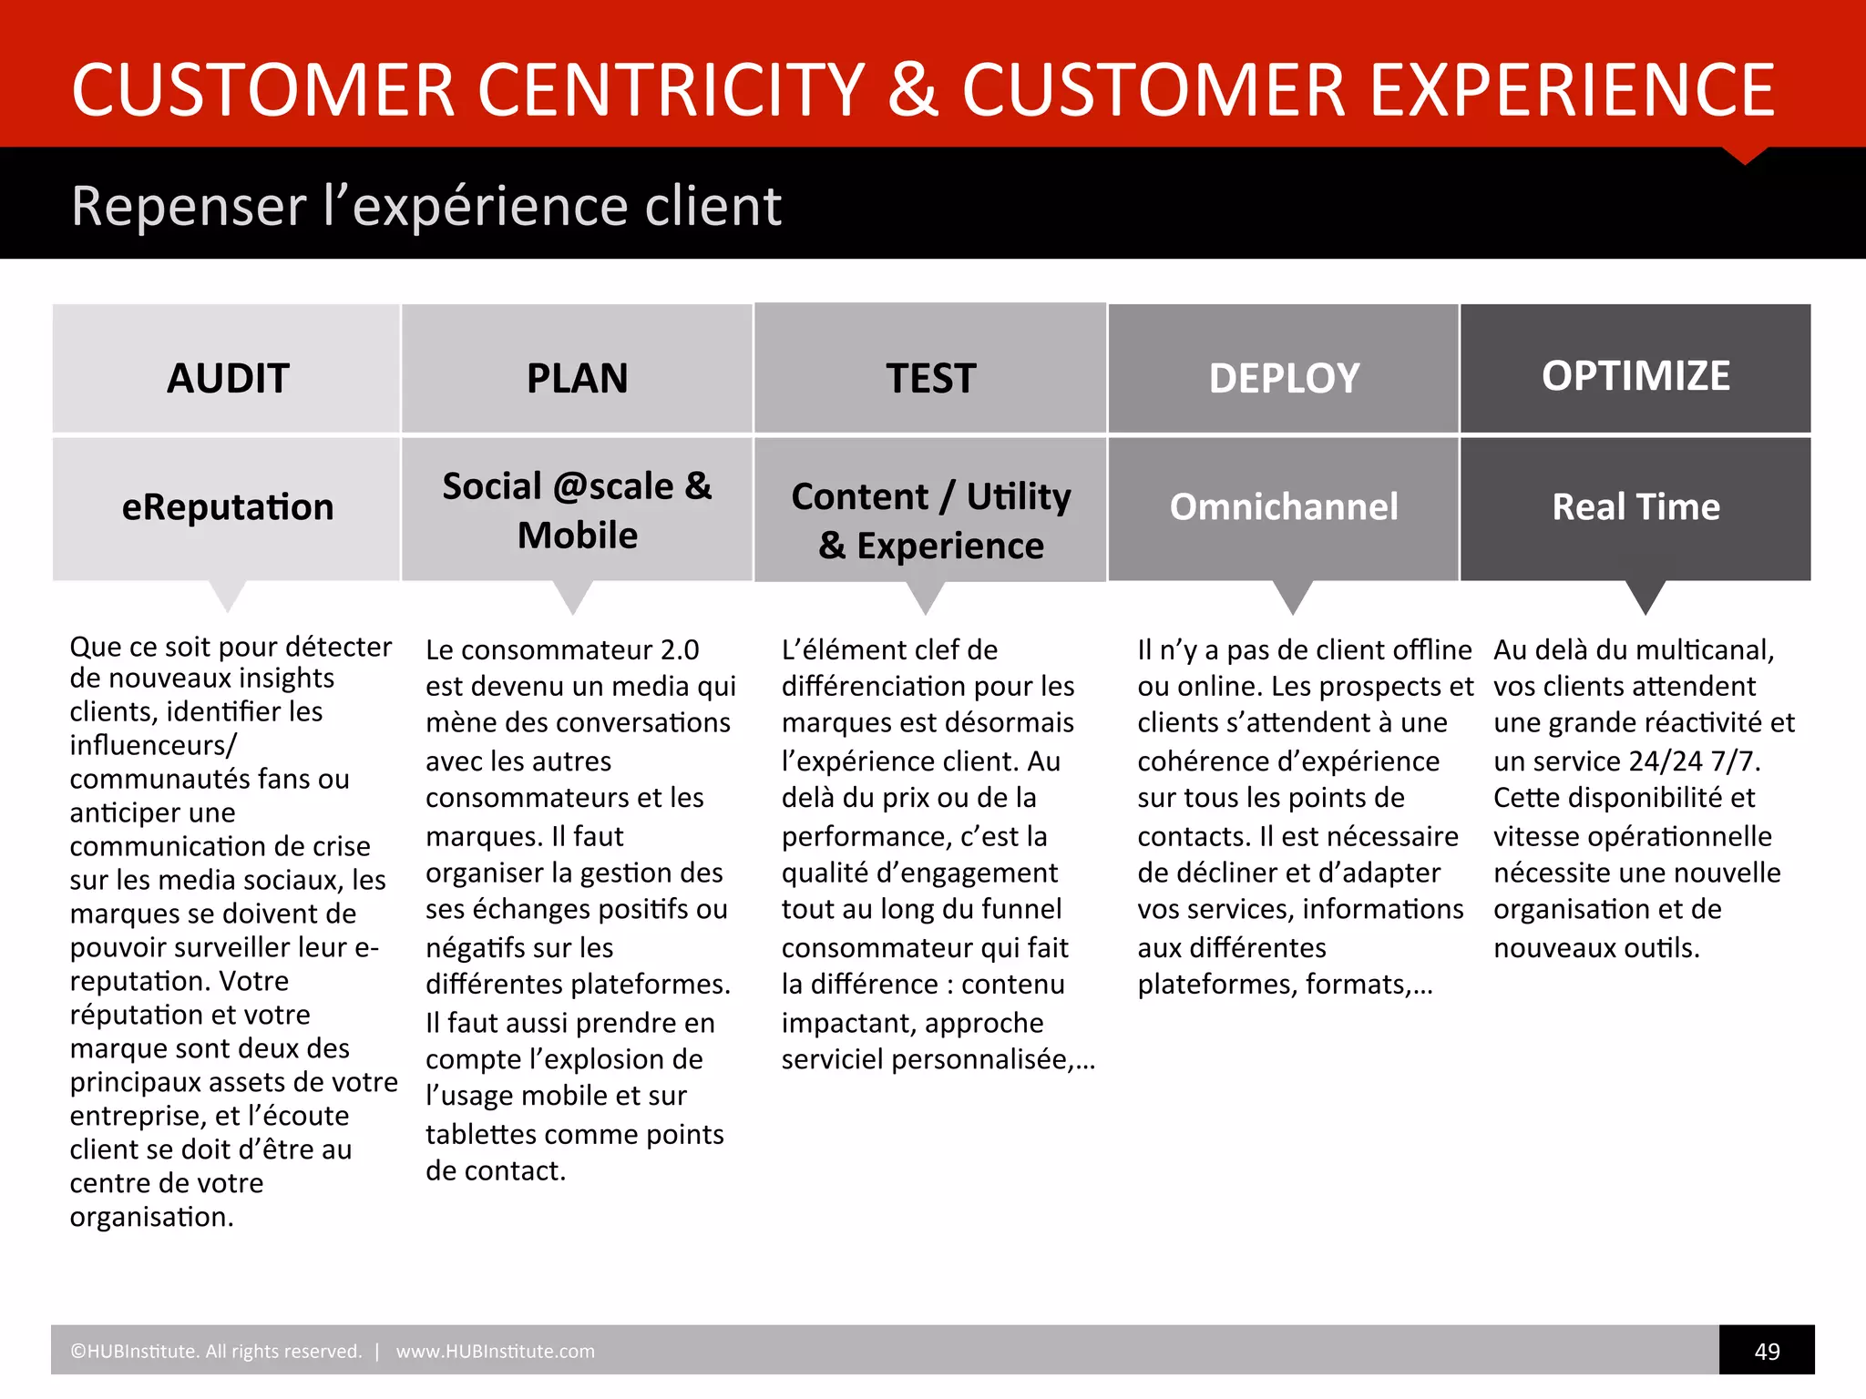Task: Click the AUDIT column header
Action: (x=227, y=377)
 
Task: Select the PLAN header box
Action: (x=577, y=377)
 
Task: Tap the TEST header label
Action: (x=930, y=377)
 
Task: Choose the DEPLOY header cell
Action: (x=1283, y=377)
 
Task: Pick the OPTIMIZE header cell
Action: (x=1635, y=375)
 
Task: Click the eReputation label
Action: (x=227, y=506)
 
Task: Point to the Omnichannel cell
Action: (x=1283, y=506)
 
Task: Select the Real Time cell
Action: (x=1635, y=506)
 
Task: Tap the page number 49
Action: (x=1766, y=1351)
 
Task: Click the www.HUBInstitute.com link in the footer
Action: (x=495, y=1351)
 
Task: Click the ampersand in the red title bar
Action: (x=912, y=89)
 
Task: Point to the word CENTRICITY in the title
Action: (x=671, y=89)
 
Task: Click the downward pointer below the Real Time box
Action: (x=1645, y=597)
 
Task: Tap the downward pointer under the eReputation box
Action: (x=228, y=596)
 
